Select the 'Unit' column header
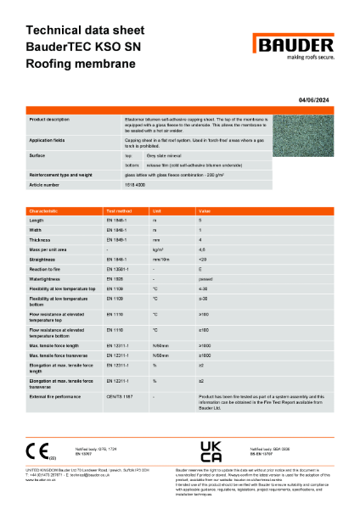[x=156, y=210]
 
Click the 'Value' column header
[x=205, y=210]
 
